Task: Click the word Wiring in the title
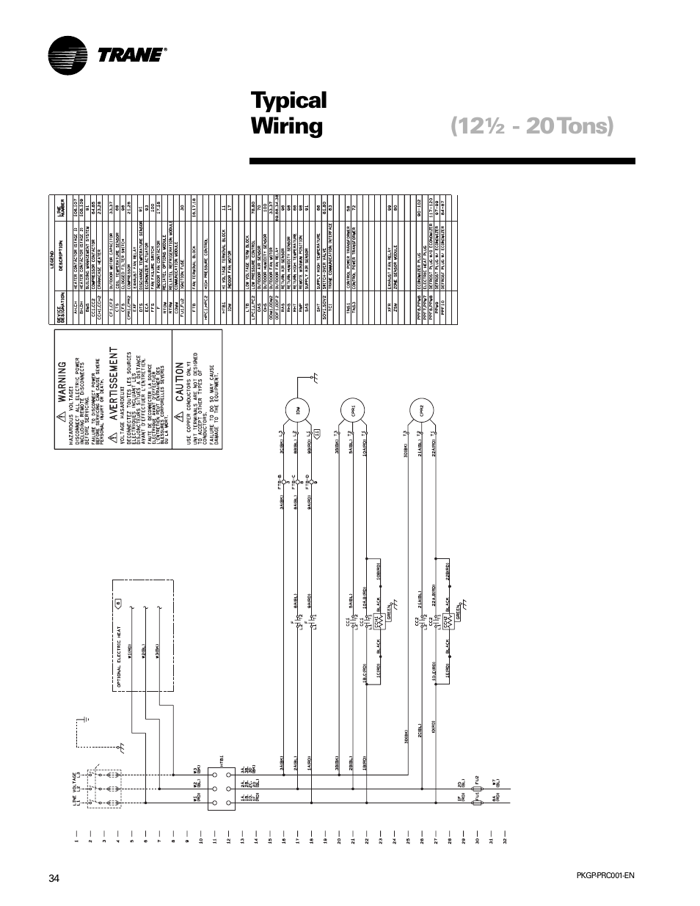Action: (x=287, y=126)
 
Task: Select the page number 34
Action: (x=54, y=879)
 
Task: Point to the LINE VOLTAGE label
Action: (x=76, y=790)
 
